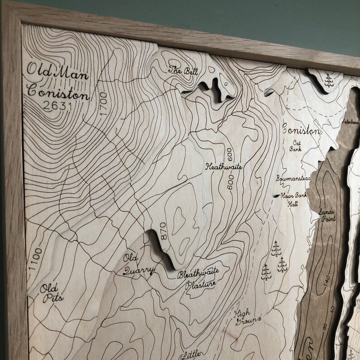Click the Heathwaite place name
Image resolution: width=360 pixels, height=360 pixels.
[x=224, y=167]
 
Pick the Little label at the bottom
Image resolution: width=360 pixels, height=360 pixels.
[x=190, y=354]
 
